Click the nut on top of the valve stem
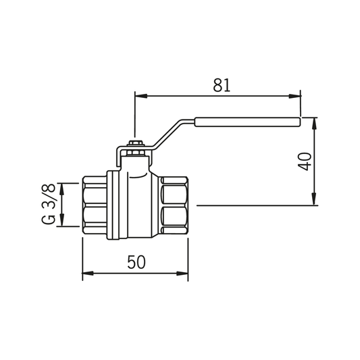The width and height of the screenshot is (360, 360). [135, 145]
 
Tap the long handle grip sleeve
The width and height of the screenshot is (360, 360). [247, 122]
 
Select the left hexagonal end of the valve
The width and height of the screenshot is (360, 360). [94, 205]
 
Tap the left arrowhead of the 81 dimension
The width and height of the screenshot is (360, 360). [139, 95]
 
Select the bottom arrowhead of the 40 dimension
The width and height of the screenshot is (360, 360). [313, 201]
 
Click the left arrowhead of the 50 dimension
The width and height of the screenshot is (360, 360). [86, 274]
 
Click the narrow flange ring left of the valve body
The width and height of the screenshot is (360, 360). [115, 205]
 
